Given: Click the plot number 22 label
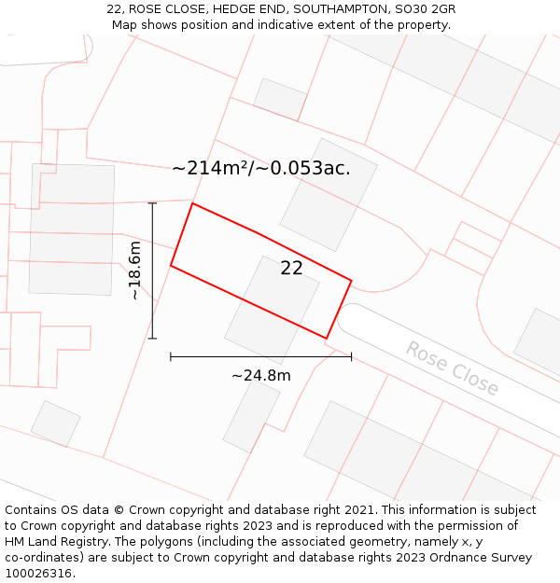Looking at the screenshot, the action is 291,268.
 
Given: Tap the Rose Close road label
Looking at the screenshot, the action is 452,368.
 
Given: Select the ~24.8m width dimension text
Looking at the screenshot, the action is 260,376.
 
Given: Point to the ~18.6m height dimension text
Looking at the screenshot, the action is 135,271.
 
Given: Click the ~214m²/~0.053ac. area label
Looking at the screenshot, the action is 261,168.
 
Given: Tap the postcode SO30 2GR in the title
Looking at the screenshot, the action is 425,9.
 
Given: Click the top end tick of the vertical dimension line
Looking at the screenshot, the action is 152,202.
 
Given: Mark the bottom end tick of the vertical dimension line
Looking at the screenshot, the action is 152,339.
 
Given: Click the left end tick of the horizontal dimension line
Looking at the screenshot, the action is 170,356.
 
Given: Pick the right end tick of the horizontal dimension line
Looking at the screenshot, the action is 352,356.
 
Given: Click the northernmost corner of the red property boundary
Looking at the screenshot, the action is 192,203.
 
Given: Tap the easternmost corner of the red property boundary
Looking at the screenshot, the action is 352,280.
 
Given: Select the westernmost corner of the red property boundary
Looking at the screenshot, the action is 170,266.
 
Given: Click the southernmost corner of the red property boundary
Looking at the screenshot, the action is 326,339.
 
